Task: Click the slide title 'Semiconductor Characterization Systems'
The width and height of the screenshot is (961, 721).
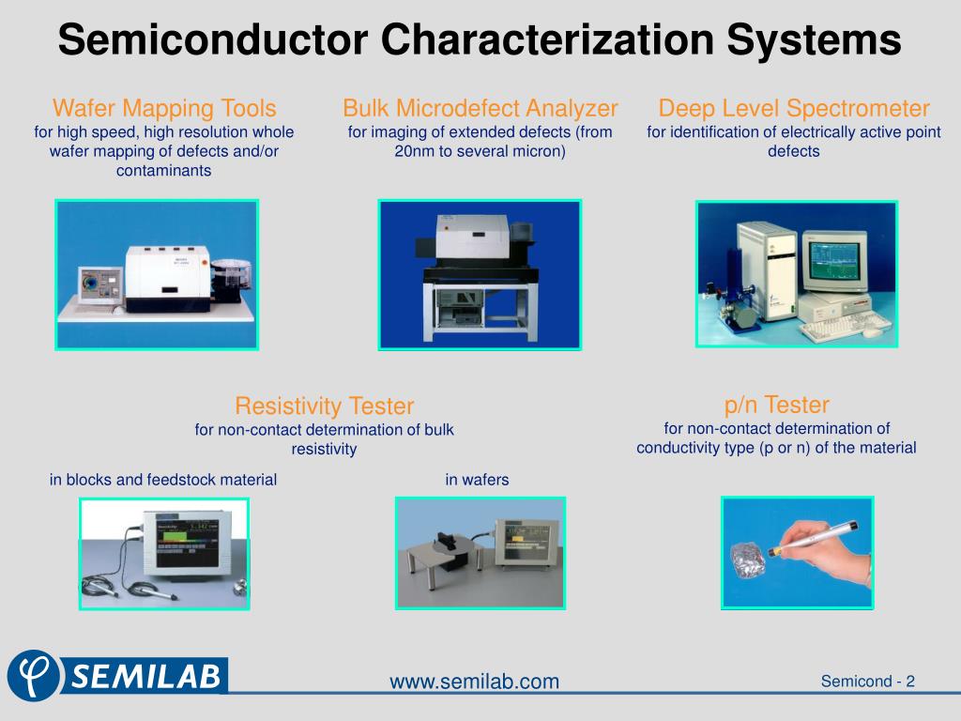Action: pyautogui.click(x=480, y=41)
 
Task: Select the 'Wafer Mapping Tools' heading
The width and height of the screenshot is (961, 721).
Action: pyautogui.click(x=164, y=107)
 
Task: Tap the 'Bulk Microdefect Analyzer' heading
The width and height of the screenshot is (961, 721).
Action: pyautogui.click(x=480, y=107)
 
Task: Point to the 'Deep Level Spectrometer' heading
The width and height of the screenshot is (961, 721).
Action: pyautogui.click(x=794, y=107)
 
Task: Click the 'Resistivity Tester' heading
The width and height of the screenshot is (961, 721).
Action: pyautogui.click(x=324, y=406)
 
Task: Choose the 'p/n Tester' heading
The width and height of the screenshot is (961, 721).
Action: pyautogui.click(x=776, y=405)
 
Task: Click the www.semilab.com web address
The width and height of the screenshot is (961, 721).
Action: pyautogui.click(x=474, y=682)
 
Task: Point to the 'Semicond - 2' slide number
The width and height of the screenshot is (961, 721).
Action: pyautogui.click(x=867, y=682)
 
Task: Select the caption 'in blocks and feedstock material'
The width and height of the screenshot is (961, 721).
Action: pyautogui.click(x=163, y=480)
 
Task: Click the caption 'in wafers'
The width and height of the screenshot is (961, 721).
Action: pyautogui.click(x=477, y=480)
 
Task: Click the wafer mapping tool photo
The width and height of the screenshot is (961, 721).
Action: pyautogui.click(x=157, y=275)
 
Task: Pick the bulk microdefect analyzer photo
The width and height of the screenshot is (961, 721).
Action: pyautogui.click(x=480, y=275)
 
